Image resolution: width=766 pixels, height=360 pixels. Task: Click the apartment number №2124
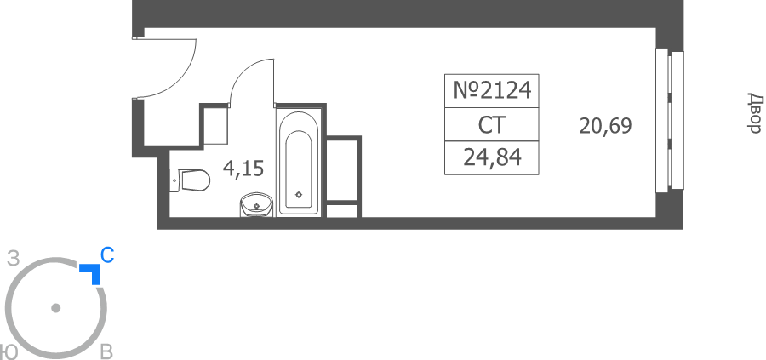(x=491, y=90)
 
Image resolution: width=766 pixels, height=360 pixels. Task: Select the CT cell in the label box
(x=491, y=124)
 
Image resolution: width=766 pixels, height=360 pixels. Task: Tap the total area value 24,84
(x=492, y=157)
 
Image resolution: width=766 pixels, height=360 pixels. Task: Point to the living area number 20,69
(x=605, y=126)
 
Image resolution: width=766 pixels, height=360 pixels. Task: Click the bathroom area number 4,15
(x=243, y=169)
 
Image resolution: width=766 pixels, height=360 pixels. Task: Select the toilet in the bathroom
(x=190, y=180)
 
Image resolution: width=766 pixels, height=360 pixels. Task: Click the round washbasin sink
(x=256, y=204)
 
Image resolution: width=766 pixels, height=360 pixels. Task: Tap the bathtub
(x=299, y=163)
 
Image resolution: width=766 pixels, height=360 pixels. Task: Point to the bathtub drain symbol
(x=299, y=194)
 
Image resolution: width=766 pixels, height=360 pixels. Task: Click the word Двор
(x=755, y=113)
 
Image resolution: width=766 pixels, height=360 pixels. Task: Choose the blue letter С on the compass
(x=107, y=255)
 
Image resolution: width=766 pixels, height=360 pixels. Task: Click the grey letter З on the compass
(x=13, y=259)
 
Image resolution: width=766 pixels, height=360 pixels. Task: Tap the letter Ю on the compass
(x=9, y=351)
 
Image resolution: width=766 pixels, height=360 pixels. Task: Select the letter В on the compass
(x=106, y=351)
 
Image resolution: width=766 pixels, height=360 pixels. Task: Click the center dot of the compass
(x=55, y=308)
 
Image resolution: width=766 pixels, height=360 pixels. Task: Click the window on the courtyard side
(x=670, y=120)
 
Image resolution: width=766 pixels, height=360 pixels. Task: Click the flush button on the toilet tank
(x=174, y=180)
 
